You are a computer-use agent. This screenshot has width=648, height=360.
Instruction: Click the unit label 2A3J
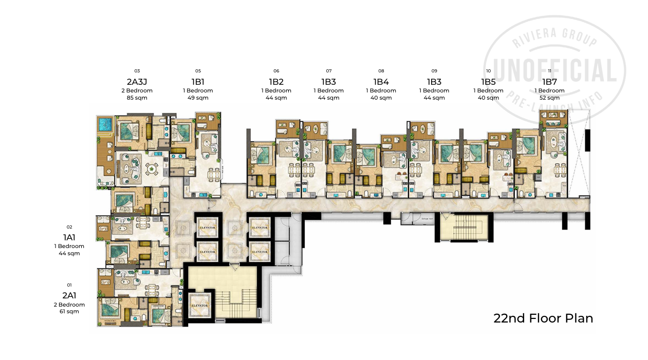coord(137,82)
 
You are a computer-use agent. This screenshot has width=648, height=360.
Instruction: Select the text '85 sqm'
coord(137,98)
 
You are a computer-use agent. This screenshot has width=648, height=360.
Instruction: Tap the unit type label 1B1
coord(198,82)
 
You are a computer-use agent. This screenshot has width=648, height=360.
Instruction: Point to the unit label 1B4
coord(381,82)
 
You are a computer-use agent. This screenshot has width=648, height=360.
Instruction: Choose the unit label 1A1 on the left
coord(69,237)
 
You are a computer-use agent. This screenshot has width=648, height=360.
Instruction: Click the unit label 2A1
coord(69,295)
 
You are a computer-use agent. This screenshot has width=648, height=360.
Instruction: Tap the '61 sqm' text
coord(69,311)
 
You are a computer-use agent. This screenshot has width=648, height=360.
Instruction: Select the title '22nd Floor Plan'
coord(543,318)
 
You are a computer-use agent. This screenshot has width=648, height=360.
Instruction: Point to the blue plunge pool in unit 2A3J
coord(105,124)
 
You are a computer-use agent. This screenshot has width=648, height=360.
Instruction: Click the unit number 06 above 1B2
coord(276,71)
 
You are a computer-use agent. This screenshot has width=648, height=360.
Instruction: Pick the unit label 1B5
coord(488,82)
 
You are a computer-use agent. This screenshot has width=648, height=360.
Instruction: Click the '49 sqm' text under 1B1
coord(198,98)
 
